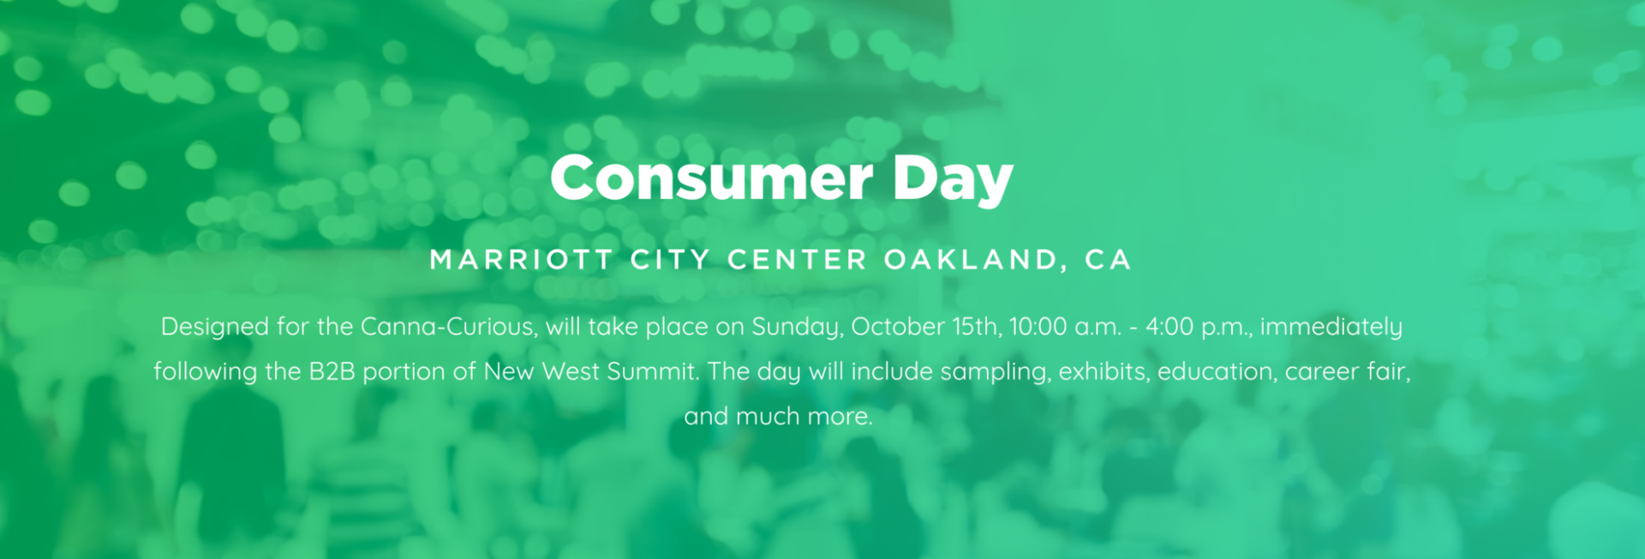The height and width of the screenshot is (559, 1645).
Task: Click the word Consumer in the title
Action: click(x=711, y=178)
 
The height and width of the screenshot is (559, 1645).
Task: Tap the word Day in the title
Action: click(x=953, y=181)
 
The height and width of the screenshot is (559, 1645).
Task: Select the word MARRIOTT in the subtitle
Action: click(x=522, y=260)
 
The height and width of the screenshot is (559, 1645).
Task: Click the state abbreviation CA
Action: click(x=1109, y=260)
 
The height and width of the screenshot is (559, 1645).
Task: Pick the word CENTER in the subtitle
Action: click(x=798, y=260)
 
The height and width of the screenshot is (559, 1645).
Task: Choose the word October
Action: click(x=898, y=327)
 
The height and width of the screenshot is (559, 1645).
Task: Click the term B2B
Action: click(x=332, y=371)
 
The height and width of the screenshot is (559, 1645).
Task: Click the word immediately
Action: click(x=1331, y=328)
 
